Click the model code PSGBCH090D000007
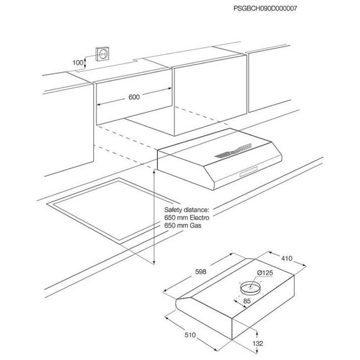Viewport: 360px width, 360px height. [265, 8]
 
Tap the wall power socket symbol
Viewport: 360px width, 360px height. [102, 54]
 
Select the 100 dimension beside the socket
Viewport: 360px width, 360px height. [78, 62]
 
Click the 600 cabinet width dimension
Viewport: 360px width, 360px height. [134, 97]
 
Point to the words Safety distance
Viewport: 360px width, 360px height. [186, 210]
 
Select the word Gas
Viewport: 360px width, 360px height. [195, 226]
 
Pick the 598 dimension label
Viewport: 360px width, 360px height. [201, 272]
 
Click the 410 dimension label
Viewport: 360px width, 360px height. [287, 258]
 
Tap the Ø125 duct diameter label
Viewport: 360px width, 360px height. [265, 273]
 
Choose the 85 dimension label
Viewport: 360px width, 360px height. [247, 301]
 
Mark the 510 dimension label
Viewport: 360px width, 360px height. [190, 335]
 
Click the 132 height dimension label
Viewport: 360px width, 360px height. [258, 344]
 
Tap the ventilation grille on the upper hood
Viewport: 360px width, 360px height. [233, 151]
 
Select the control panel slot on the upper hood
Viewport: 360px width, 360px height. [248, 172]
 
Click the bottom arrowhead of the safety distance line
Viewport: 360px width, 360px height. [154, 262]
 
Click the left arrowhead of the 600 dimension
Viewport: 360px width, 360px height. [98, 104]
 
